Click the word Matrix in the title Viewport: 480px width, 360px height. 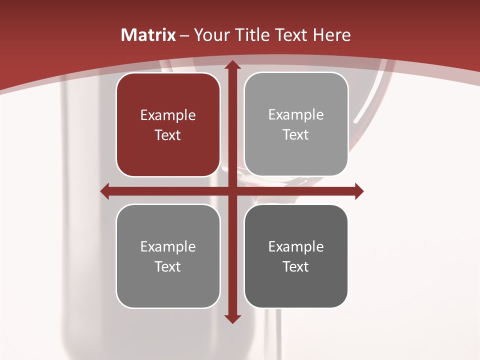click(x=148, y=35)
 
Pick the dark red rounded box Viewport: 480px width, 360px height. click(x=168, y=124)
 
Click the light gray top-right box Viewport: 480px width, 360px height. click(x=296, y=124)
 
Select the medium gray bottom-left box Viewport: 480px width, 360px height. click(x=168, y=256)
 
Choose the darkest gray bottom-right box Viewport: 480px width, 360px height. click(x=296, y=256)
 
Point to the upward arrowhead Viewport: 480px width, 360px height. click(x=232, y=65)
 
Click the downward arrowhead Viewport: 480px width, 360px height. click(x=232, y=318)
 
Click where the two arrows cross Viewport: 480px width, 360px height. click(x=232, y=191)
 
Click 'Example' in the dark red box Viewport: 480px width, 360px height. click(x=168, y=115)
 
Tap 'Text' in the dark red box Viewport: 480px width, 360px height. click(x=168, y=135)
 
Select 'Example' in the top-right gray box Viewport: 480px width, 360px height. click(x=296, y=115)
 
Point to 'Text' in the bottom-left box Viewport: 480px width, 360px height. click(x=168, y=266)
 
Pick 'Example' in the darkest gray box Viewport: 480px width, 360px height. click(x=296, y=246)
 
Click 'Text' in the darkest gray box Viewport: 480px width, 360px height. click(x=296, y=266)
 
